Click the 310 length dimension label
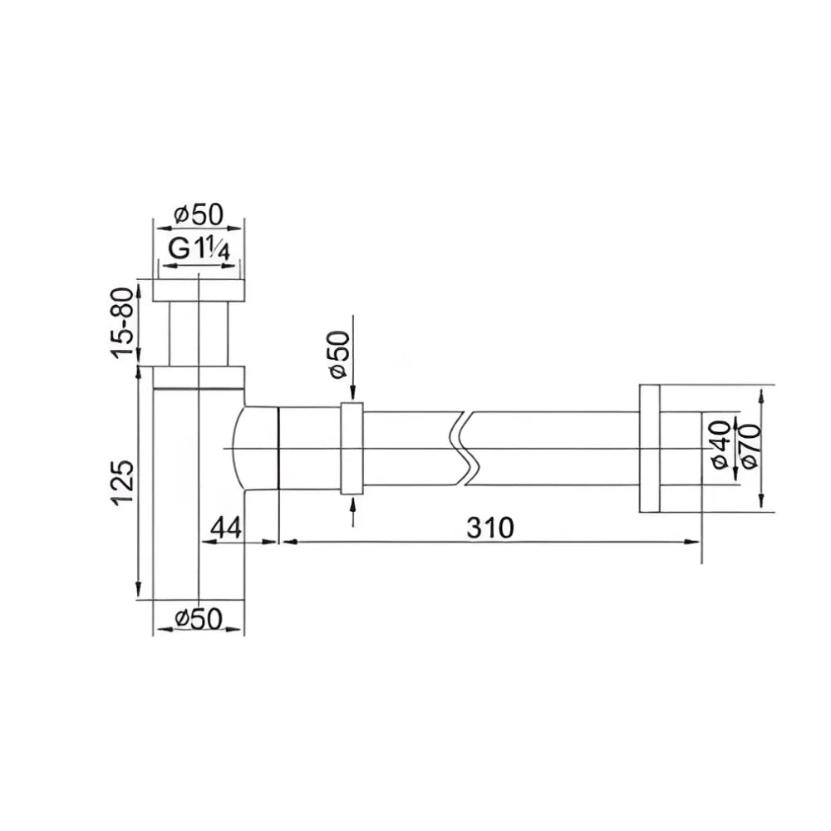click(x=490, y=528)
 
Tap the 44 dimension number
click(x=226, y=528)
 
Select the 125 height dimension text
click(x=123, y=483)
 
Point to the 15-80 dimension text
click(x=123, y=322)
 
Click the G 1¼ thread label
click(x=199, y=248)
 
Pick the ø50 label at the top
click(x=199, y=214)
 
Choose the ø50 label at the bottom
click(x=199, y=618)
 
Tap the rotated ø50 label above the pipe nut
click(x=339, y=355)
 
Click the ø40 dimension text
click(x=720, y=445)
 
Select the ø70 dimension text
click(x=751, y=445)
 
